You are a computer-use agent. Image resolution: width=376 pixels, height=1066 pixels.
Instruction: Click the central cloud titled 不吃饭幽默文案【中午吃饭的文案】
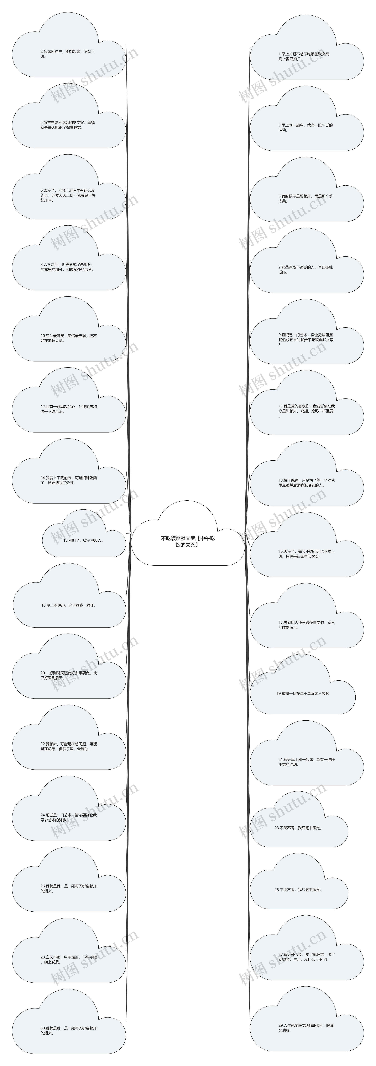pyautogui.click(x=188, y=541)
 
